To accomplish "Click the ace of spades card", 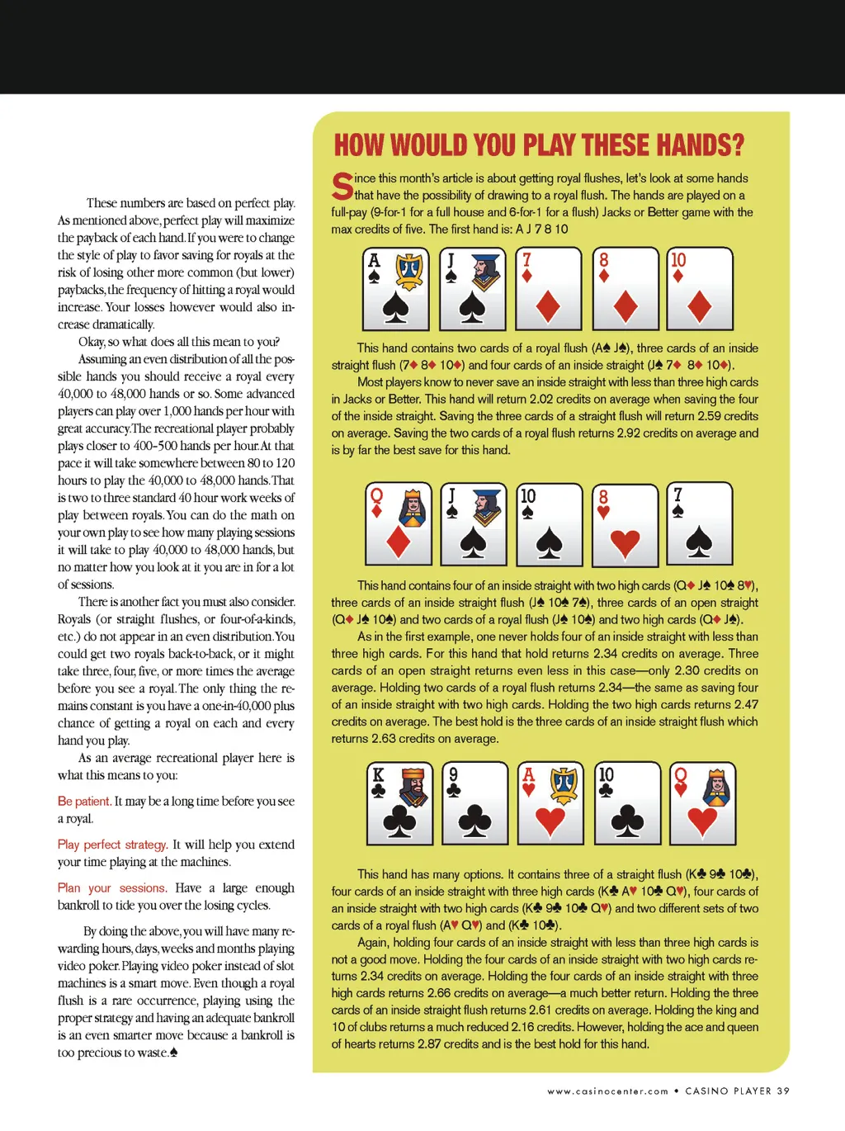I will point(396,289).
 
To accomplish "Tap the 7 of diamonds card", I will point(549,289).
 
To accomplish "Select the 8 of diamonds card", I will point(625,289).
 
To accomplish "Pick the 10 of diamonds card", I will point(700,289).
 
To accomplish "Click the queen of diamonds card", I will point(399,523).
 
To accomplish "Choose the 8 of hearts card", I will point(625,523).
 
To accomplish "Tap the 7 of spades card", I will point(700,523).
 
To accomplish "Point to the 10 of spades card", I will point(549,523).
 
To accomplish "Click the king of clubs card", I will point(400,803).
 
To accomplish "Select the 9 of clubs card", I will point(474,803).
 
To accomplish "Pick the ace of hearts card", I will point(550,803).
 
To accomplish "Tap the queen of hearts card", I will point(701,803).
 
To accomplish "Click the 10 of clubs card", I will point(626,803).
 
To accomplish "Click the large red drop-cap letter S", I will point(342,187).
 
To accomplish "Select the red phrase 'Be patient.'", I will point(83,802).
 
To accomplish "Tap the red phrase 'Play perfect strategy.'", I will point(112,845).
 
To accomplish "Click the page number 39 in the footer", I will point(782,1091).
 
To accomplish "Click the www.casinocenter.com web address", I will point(607,1091).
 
